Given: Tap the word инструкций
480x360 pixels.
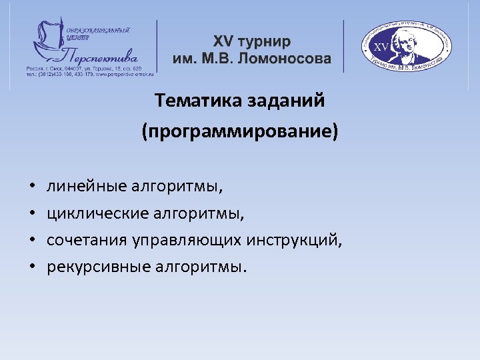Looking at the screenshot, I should point(295,241).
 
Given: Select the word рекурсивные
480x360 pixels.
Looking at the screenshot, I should point(99,267).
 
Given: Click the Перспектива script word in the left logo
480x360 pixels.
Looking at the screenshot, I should point(100,52).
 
